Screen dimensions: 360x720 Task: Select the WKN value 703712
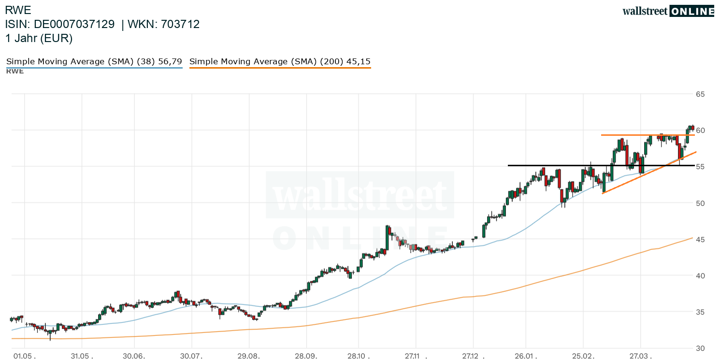point(181,25)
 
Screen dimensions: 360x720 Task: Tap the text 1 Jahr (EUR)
point(39,39)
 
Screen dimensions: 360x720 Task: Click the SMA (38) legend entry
point(94,62)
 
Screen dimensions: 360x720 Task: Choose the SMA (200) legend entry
point(280,62)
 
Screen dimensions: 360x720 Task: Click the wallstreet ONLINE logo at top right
point(668,11)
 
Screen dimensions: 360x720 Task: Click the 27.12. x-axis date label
point(474,356)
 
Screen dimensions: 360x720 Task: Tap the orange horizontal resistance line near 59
point(628,135)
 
